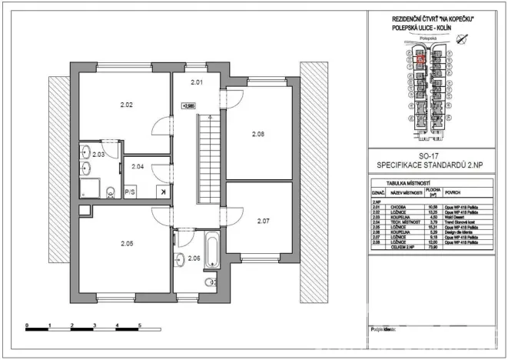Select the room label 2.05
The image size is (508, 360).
(127, 245)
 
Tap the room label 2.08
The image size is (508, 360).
(258, 134)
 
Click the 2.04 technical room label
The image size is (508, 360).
(138, 166)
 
